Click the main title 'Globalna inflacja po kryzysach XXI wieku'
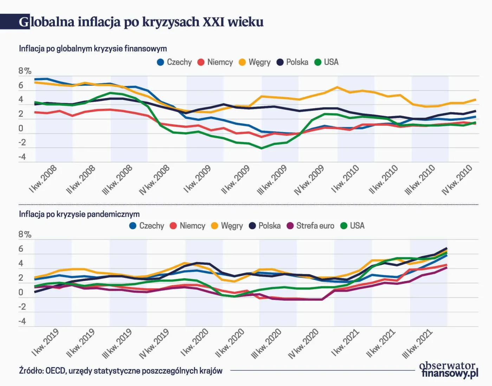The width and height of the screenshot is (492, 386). (141, 22)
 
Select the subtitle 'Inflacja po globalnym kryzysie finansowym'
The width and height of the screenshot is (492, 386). (93, 48)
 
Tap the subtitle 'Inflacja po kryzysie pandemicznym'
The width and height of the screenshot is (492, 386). (79, 214)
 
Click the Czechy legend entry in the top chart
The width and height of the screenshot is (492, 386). (175, 62)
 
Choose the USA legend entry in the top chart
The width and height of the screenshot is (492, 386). (326, 62)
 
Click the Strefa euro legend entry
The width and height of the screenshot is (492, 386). (311, 225)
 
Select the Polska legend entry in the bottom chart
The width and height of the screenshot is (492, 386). (265, 225)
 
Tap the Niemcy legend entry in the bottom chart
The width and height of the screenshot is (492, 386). (188, 225)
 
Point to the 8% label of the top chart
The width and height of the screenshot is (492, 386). (25, 71)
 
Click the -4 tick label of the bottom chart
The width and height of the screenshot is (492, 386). (22, 321)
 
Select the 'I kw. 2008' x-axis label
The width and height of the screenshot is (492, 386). (43, 179)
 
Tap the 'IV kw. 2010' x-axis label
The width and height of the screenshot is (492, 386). (457, 180)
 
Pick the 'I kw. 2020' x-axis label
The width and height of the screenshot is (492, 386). (195, 342)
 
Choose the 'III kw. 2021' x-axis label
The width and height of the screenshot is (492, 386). (417, 344)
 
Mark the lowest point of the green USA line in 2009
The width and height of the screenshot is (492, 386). (261, 148)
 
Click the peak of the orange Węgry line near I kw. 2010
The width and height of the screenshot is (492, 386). (337, 87)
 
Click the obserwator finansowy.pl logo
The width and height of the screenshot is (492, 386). (449, 370)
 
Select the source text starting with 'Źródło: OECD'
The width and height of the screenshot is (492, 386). (121, 371)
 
